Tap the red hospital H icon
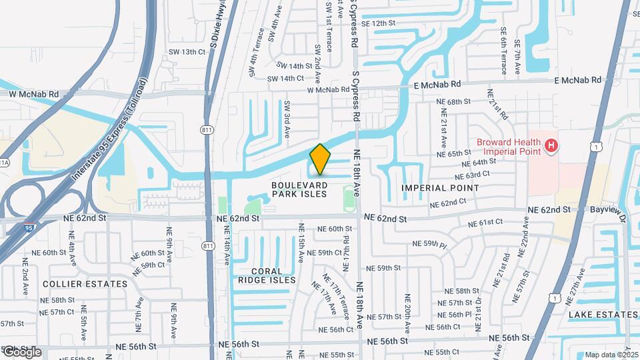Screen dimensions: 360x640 [x=551, y=145]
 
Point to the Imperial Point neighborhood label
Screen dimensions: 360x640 [x=440, y=188]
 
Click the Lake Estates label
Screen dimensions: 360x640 [x=603, y=315]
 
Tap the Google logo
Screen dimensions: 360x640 [x=21, y=351]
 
